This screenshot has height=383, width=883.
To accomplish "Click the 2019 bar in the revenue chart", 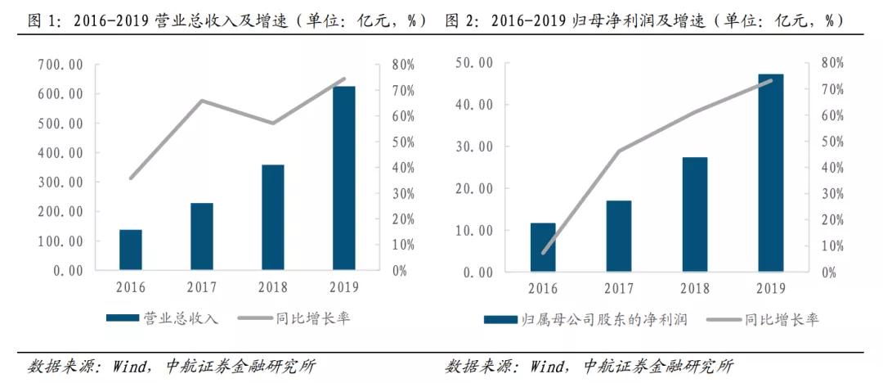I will click(344, 178).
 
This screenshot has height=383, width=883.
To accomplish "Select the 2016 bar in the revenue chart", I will click(131, 250).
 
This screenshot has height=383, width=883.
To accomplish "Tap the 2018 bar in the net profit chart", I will click(695, 214).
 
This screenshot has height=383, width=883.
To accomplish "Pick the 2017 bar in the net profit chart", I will click(619, 235).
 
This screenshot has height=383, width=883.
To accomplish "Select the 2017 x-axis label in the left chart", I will click(202, 287).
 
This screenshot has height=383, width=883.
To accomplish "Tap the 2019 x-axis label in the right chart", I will click(771, 287).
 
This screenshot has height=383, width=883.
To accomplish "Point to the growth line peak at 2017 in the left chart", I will click(202, 101).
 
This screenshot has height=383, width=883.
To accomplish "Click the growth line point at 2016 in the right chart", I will click(543, 253).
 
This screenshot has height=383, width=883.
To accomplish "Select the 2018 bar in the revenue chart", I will click(273, 217).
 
